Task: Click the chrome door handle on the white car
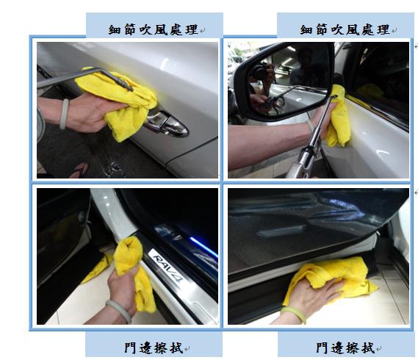click(x=167, y=124)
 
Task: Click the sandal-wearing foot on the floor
click(x=79, y=170)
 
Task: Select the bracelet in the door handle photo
click(x=64, y=114)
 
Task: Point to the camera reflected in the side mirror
click(x=261, y=71)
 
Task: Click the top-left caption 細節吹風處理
click(x=153, y=29)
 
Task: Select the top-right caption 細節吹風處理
click(x=345, y=29)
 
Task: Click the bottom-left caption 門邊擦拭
click(x=154, y=348)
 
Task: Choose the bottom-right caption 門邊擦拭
click(x=345, y=348)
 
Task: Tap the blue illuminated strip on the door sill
click(x=203, y=246)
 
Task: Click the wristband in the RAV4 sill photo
click(x=118, y=311)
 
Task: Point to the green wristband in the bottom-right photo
click(x=294, y=314)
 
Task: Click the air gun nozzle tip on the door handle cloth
click(x=131, y=89)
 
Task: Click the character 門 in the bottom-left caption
click(x=130, y=348)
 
